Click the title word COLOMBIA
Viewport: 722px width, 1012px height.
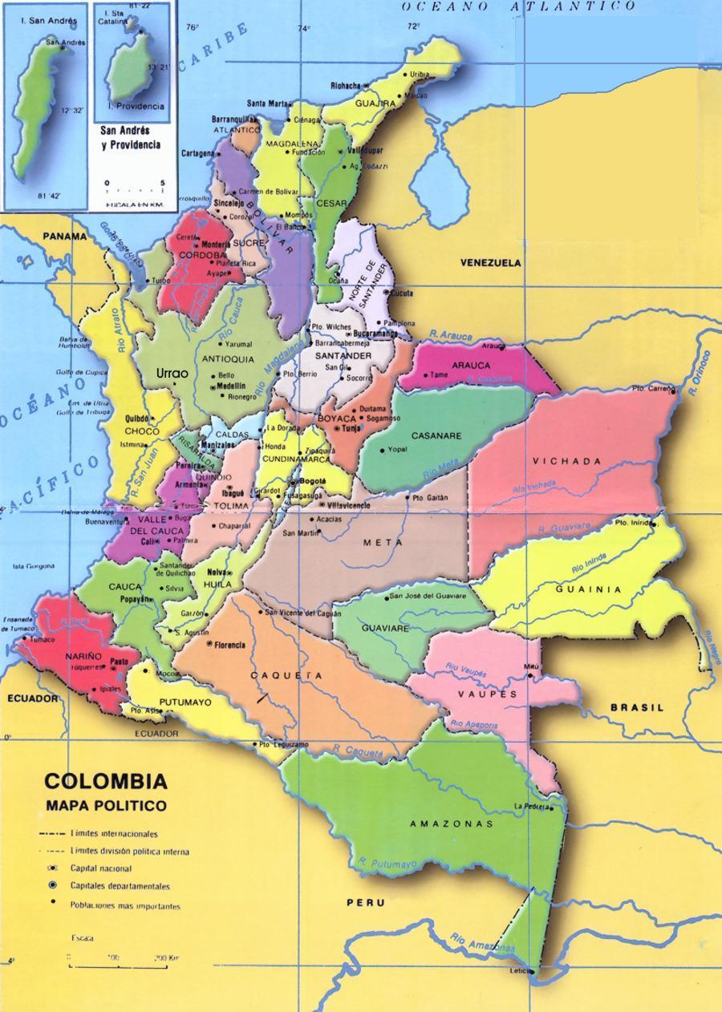click(x=106, y=781)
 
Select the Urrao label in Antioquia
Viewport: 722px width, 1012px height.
click(x=172, y=374)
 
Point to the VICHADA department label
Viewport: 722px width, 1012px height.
click(x=566, y=461)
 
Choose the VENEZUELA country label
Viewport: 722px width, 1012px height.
click(x=490, y=263)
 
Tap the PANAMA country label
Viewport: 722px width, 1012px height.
click(x=64, y=237)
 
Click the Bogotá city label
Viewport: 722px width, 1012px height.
click(x=313, y=481)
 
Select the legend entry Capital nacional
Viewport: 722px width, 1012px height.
click(x=101, y=868)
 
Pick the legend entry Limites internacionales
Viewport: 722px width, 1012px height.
click(x=113, y=834)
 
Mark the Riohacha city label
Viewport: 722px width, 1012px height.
click(x=346, y=85)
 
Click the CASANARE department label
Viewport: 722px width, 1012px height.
click(x=436, y=436)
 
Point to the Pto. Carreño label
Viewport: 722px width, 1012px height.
click(x=651, y=388)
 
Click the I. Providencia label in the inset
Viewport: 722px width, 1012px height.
click(x=136, y=106)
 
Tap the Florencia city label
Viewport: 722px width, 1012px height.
click(x=229, y=645)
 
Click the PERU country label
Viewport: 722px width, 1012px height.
click(x=365, y=903)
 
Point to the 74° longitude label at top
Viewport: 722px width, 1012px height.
click(x=303, y=29)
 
